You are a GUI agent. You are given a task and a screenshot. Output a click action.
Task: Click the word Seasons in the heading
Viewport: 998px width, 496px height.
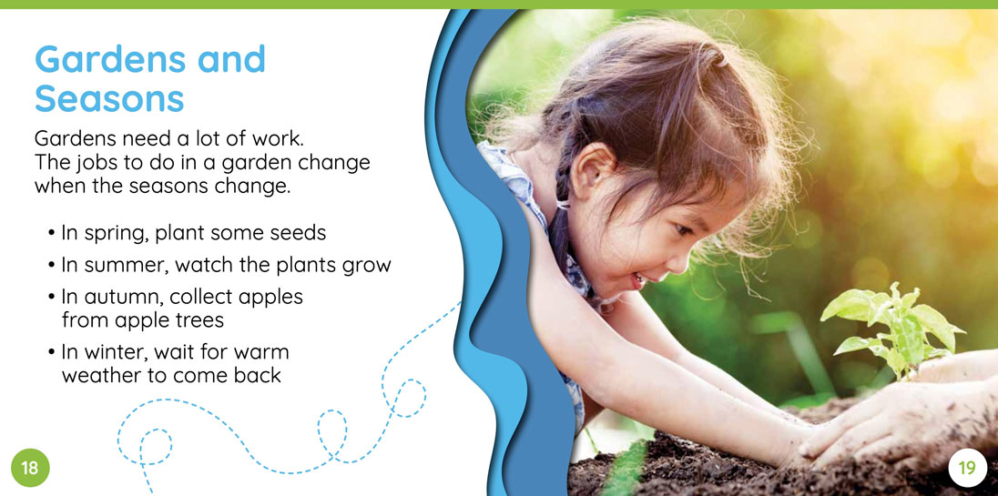click(x=109, y=99)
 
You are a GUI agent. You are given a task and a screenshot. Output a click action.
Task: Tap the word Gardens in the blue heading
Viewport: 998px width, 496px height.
click(x=107, y=59)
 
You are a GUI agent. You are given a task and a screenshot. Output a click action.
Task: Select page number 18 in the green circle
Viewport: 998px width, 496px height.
click(x=30, y=468)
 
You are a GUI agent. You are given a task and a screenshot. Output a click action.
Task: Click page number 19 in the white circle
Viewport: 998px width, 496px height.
click(x=966, y=468)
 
